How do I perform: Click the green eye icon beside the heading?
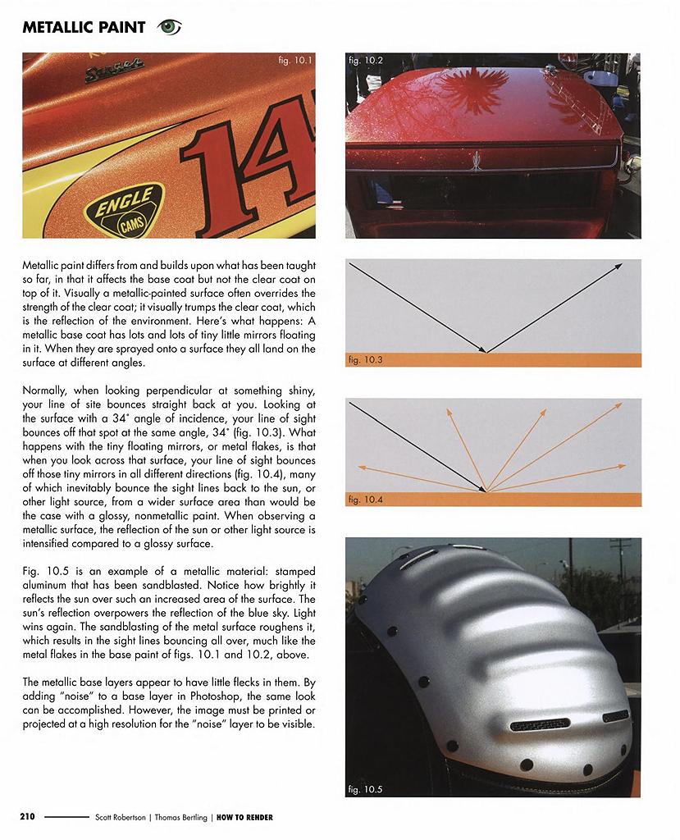coord(169,27)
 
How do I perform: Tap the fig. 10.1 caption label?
coord(296,62)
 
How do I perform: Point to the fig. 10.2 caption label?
coord(365,61)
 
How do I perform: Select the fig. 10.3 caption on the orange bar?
coord(366,359)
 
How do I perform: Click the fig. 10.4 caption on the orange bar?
coord(366,498)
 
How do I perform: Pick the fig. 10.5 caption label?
coord(366,789)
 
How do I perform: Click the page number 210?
coord(28,817)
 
